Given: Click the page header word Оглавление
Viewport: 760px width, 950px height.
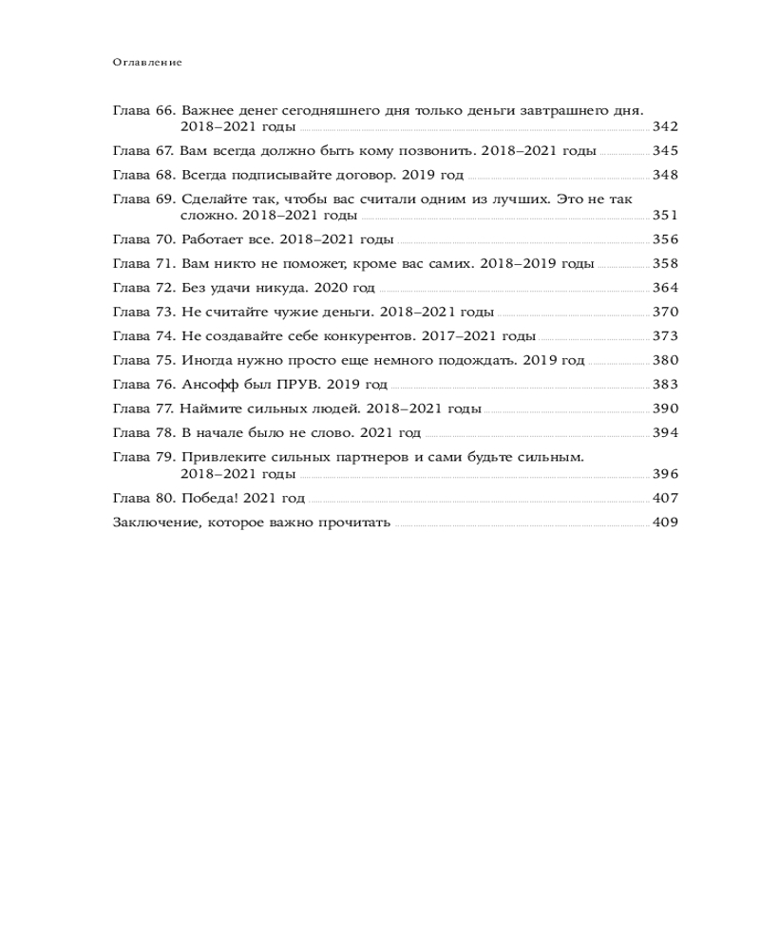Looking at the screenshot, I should pyautogui.click(x=146, y=63).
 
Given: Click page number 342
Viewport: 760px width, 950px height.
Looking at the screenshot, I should pyautogui.click(x=665, y=126).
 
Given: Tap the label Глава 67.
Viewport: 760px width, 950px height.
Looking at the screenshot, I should pyautogui.click(x=142, y=151).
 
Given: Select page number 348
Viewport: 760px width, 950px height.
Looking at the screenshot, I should pyautogui.click(x=665, y=175).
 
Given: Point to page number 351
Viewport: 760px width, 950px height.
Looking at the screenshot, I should pyautogui.click(x=665, y=216).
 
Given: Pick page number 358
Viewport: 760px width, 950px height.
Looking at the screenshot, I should pyautogui.click(x=665, y=263).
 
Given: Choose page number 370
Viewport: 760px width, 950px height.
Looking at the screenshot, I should pyautogui.click(x=665, y=312).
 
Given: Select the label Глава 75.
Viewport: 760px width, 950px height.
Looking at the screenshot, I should pyautogui.click(x=142, y=360).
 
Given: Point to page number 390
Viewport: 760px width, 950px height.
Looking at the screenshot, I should pyautogui.click(x=665, y=408).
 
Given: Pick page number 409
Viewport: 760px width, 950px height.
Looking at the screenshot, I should pyautogui.click(x=665, y=522).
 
